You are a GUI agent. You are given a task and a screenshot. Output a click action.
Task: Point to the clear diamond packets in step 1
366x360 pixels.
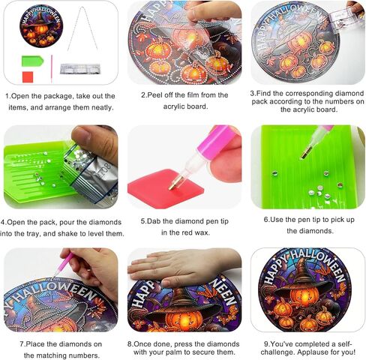click(81, 69)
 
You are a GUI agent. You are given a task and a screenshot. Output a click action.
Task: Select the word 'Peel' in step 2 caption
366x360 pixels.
click(157, 95)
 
